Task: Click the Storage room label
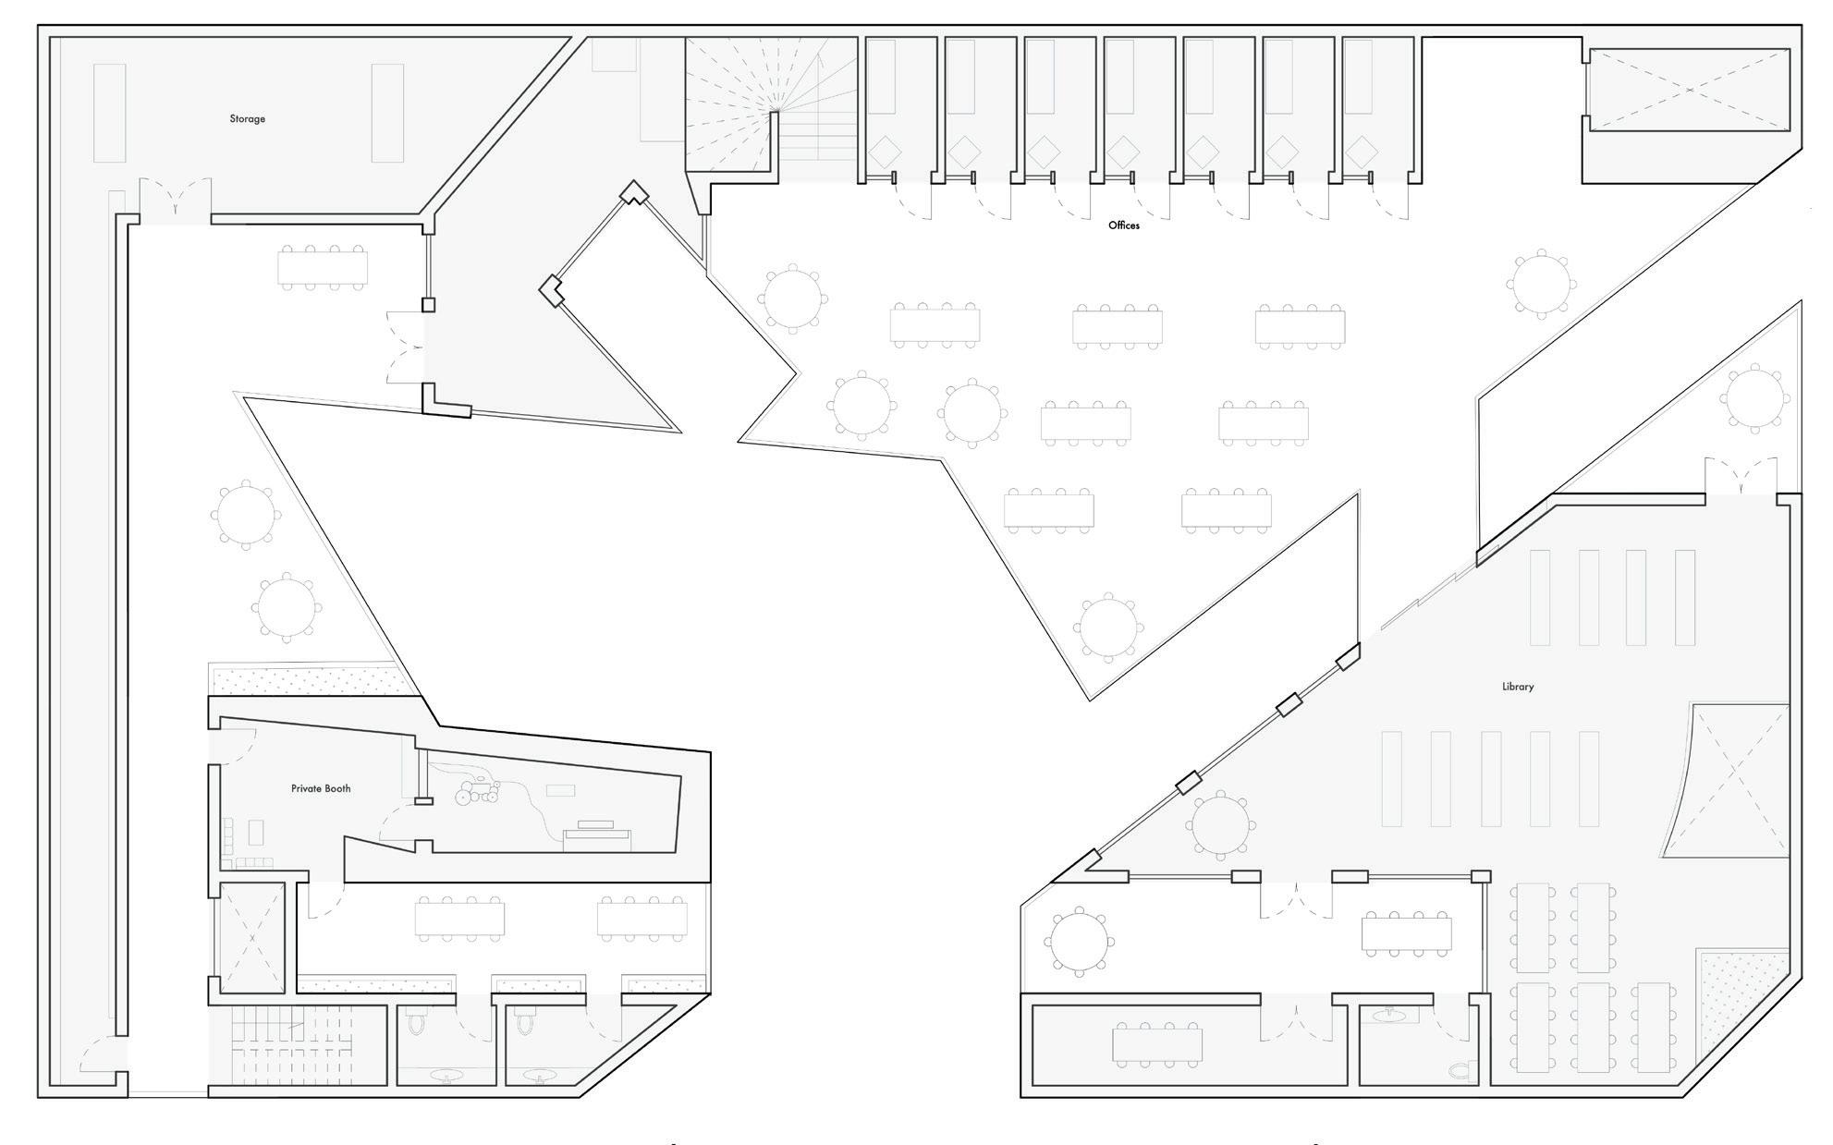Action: click(247, 119)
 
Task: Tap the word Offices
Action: click(1124, 225)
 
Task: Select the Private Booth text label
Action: click(321, 789)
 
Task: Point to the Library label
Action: click(1518, 687)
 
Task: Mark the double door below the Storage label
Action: click(176, 201)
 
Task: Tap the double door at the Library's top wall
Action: click(1741, 479)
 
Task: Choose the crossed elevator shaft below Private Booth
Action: click(251, 938)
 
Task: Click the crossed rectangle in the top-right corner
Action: click(1688, 90)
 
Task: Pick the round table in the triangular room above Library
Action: click(1754, 397)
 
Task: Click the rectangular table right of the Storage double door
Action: click(323, 268)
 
